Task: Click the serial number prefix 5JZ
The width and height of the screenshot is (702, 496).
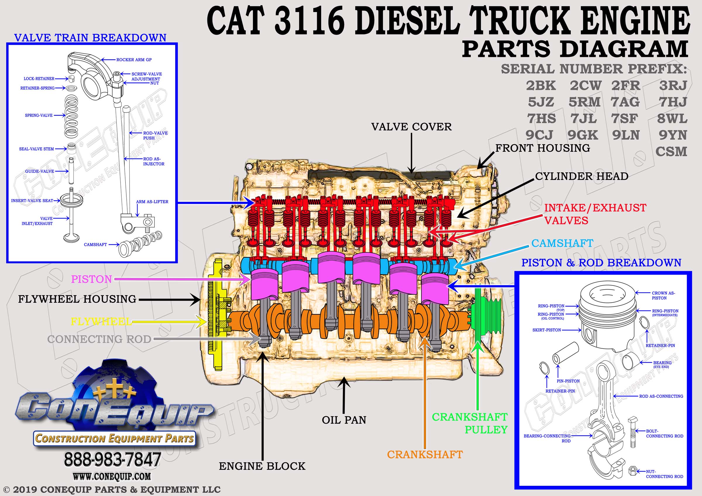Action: click(541, 102)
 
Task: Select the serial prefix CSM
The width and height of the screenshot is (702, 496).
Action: click(671, 151)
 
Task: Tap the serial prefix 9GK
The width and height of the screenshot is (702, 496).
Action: click(583, 135)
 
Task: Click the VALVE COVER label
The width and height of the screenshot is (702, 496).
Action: click(411, 127)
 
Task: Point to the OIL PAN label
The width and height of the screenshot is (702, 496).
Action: click(344, 420)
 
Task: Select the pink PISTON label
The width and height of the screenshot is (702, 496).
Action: click(92, 279)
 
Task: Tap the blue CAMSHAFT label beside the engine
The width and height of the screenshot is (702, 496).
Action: click(562, 243)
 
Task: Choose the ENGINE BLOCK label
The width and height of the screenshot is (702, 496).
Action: click(262, 466)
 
